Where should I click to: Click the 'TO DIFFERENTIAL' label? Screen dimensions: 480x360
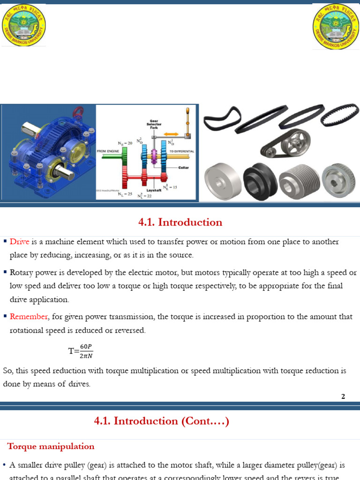pyautogui.click(x=181, y=151)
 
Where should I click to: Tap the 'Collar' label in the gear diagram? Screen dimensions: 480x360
pyautogui.click(x=183, y=167)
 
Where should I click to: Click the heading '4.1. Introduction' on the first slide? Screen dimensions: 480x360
pyautogui.click(x=180, y=222)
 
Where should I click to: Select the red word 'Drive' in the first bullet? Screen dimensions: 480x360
pyautogui.click(x=20, y=242)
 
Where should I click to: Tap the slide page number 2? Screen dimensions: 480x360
pyautogui.click(x=343, y=397)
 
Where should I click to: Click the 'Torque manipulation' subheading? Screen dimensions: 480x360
pyautogui.click(x=51, y=446)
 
